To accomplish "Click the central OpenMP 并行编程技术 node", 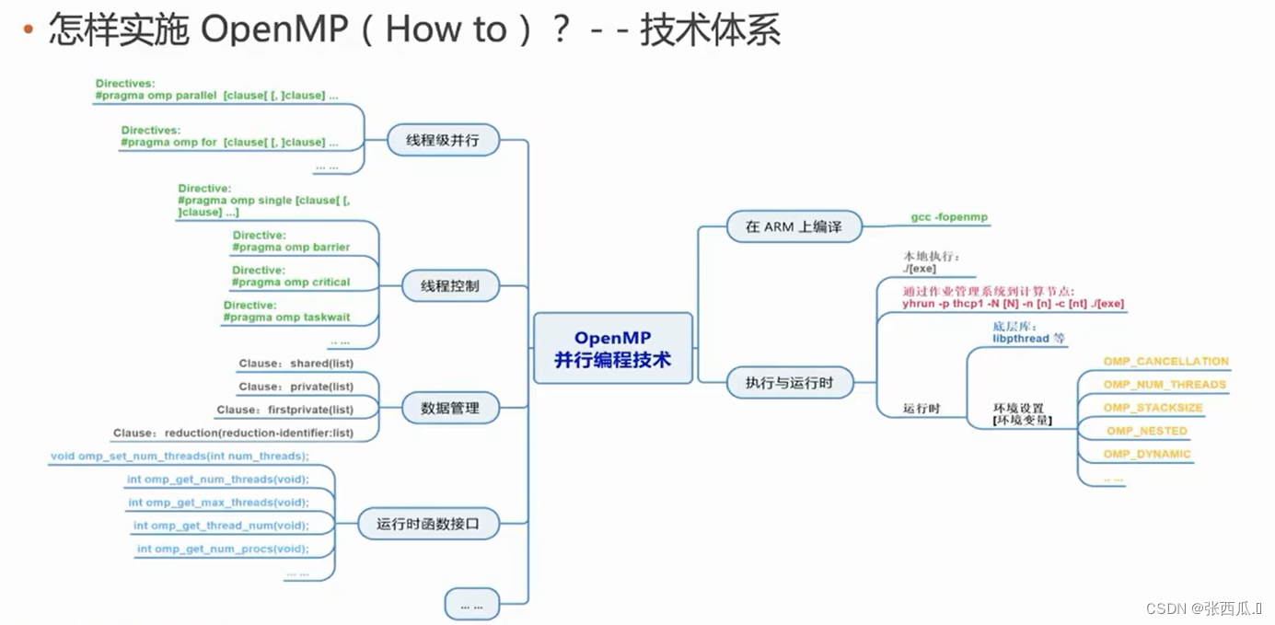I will [x=612, y=348].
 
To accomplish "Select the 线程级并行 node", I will [x=443, y=141].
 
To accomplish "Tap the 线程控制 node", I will [x=450, y=285].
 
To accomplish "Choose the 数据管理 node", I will [x=450, y=408].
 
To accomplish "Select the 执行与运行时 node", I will [x=788, y=382].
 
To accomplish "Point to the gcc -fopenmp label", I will [x=949, y=217].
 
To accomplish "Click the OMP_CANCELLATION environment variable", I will [x=1165, y=362].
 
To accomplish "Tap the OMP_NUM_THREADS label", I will [x=1165, y=385].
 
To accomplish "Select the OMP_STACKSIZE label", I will [x=1153, y=408].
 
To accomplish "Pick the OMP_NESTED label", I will [x=1146, y=431].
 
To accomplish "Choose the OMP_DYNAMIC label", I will [x=1147, y=454].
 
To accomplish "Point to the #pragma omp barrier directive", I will [x=291, y=247].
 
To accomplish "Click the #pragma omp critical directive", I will [x=291, y=282].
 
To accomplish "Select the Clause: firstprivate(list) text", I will [x=284, y=410].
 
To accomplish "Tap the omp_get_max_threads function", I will [x=218, y=503].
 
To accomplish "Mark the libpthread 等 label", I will [x=1029, y=339].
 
